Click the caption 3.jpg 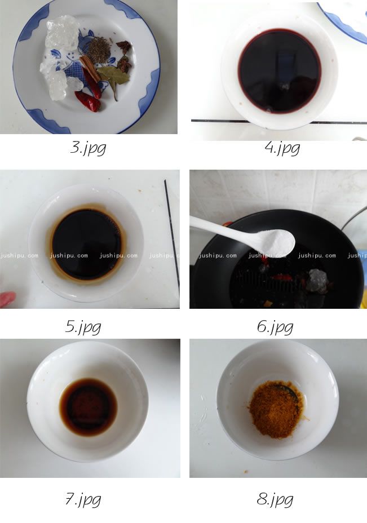[x=88, y=148]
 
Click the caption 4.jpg [x=282, y=148]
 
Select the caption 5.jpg [x=83, y=327]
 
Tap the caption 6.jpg [x=275, y=327]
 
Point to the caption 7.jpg [x=83, y=500]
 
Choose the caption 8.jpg [x=275, y=500]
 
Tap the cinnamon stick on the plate [x=90, y=68]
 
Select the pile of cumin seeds [x=100, y=50]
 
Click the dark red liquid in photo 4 [x=280, y=70]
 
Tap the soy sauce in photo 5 [x=86, y=244]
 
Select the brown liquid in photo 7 [x=89, y=407]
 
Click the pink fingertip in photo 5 [x=7, y=299]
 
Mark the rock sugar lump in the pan [x=317, y=280]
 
